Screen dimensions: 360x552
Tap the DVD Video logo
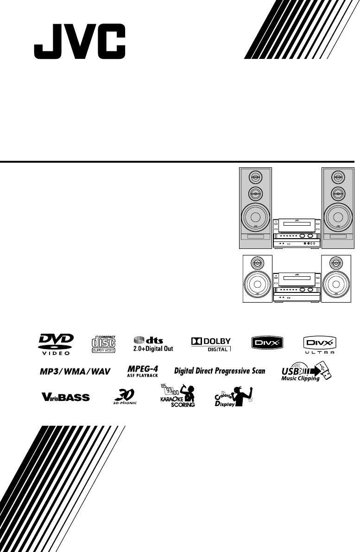(55, 344)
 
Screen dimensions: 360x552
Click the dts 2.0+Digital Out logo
(153, 344)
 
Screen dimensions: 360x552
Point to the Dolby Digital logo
(210, 344)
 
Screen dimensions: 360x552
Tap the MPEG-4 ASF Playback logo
(143, 371)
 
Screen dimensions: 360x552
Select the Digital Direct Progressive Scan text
(219, 371)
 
